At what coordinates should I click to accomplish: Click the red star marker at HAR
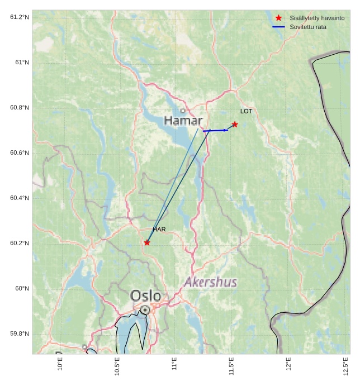click(147, 242)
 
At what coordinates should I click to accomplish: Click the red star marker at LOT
click(235, 124)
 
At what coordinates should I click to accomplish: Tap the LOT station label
click(246, 111)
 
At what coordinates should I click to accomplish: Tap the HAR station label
click(159, 230)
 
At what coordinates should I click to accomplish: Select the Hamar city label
click(183, 120)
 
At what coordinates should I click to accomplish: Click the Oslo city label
click(146, 296)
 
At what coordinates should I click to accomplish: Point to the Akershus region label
click(211, 282)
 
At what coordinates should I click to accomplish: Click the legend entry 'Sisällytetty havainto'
click(316, 18)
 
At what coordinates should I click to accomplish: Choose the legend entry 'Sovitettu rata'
click(308, 27)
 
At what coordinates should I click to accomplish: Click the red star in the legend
click(278, 18)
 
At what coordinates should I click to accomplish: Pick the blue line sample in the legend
click(278, 27)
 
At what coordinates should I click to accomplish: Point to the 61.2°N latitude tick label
click(20, 17)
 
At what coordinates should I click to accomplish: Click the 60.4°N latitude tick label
click(20, 198)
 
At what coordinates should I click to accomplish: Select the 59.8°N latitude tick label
click(20, 334)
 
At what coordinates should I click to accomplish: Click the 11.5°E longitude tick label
click(231, 367)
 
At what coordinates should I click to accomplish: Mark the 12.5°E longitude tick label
click(346, 367)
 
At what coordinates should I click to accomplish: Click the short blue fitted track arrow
click(216, 130)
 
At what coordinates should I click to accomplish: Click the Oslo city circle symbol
click(145, 309)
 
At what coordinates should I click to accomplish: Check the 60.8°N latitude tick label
click(20, 108)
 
